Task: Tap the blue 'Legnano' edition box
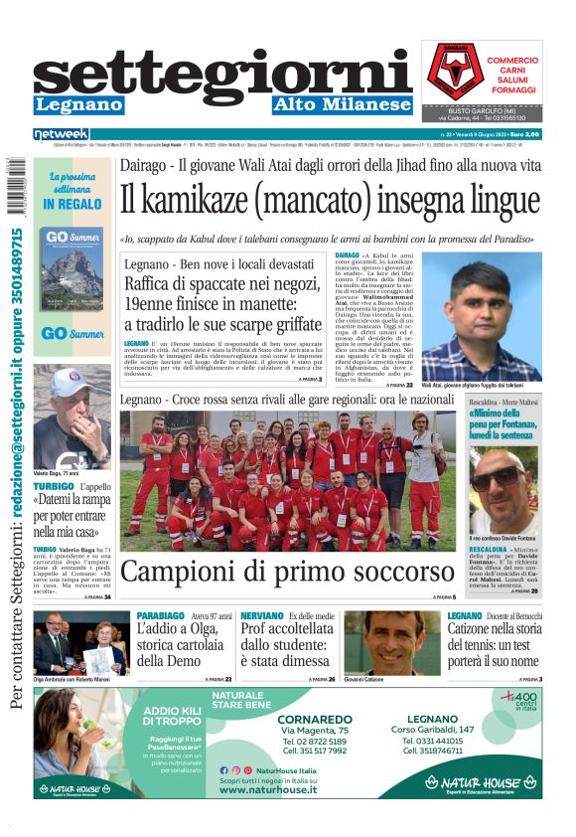pos(78,105)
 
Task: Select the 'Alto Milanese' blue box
pos(343,105)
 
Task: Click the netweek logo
pos(62,134)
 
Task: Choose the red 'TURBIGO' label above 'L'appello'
pos(53,488)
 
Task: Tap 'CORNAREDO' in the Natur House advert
pos(314,719)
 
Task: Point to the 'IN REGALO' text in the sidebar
pos(72,205)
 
